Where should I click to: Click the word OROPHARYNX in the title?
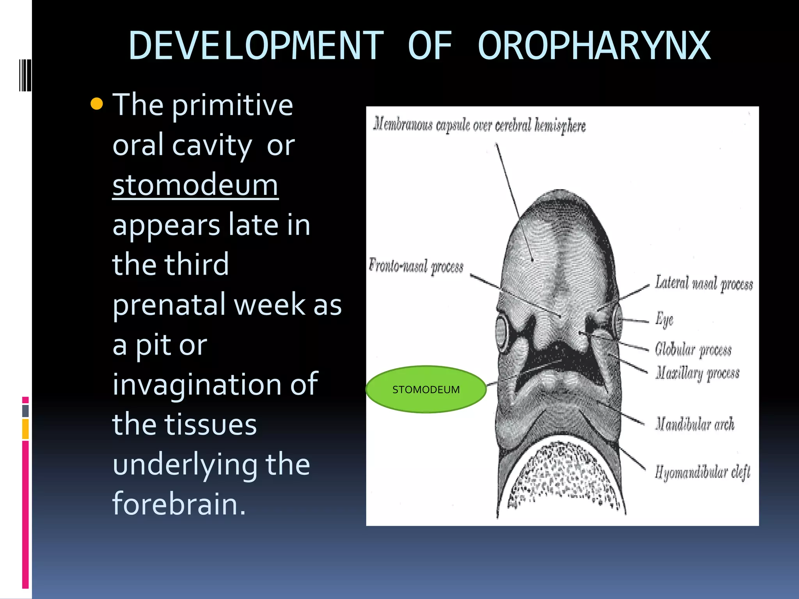pos(594,46)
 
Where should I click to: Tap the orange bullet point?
pos(96,104)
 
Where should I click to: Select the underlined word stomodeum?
pos(195,185)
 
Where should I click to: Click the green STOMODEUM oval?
pos(426,389)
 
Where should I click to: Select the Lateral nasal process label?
pos(703,284)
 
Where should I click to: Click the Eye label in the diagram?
pos(664,319)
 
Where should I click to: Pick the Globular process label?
pos(693,349)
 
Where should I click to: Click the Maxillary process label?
pos(697,373)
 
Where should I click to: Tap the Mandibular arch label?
pos(694,424)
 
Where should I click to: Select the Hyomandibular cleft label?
pos(702,472)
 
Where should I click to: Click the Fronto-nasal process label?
pos(416,266)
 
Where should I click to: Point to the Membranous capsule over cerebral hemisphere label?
pos(479,125)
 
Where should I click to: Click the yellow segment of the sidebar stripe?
pos(25,429)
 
